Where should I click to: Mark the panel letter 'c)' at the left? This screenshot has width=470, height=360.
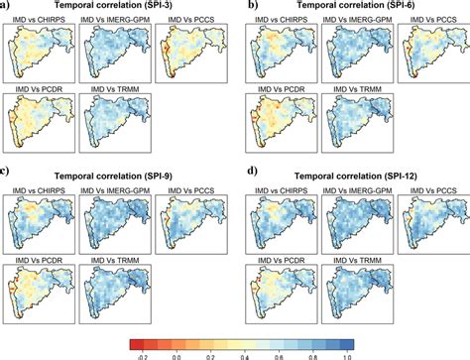point(7,175)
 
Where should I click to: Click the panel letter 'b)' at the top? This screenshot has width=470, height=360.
point(253,7)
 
